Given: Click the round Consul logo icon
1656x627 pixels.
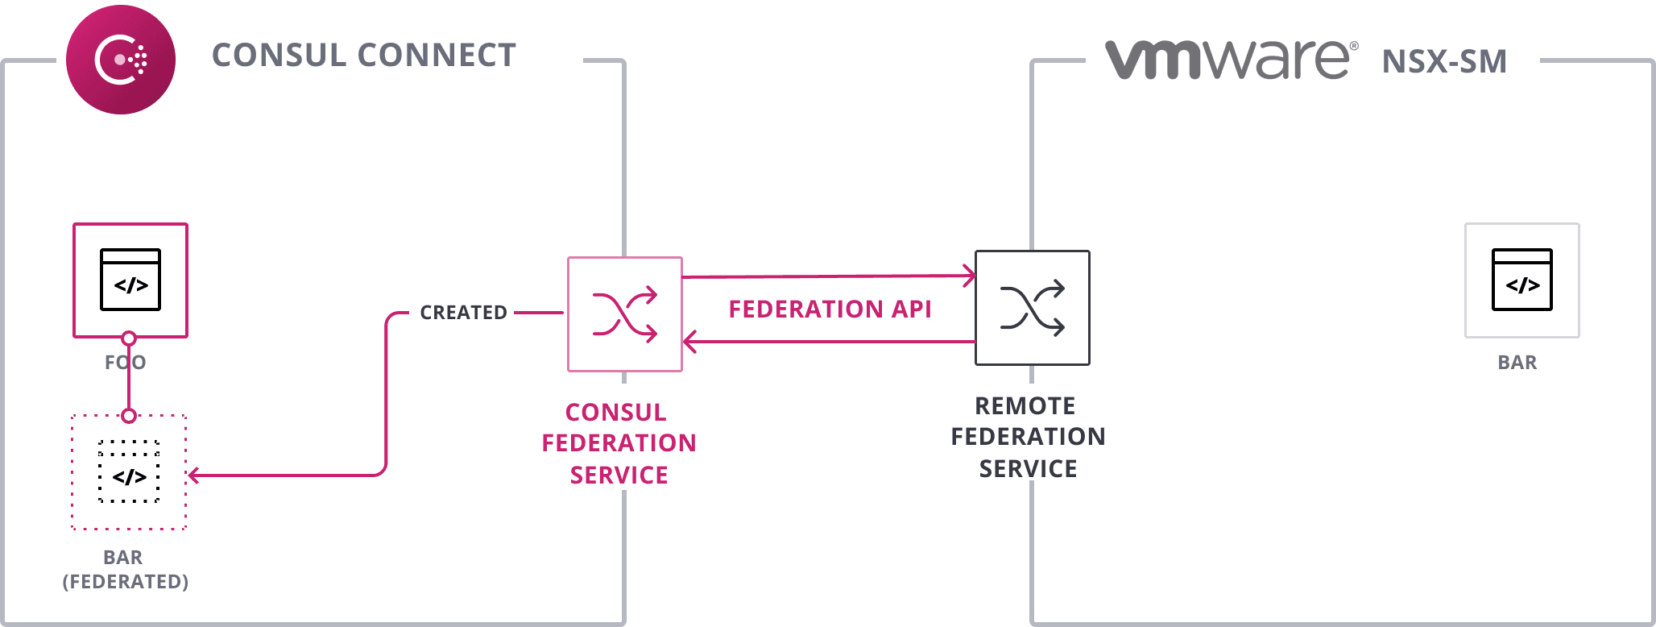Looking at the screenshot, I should coord(120,60).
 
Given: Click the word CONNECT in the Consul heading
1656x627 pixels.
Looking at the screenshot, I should coord(436,56).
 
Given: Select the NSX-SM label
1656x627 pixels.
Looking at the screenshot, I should coord(1443,62).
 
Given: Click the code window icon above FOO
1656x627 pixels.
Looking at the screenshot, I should coord(130,280).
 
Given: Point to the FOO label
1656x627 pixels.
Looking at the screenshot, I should coord(125,363).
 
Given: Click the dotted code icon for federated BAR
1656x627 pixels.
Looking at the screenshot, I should coord(129,472).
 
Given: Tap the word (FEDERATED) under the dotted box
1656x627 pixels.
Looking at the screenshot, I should coord(125,582).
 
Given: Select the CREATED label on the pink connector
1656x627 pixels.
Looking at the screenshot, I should coord(463,313).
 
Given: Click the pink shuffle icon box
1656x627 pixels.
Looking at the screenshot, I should coord(625,314).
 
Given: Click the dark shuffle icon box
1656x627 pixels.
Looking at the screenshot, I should coord(1032,308).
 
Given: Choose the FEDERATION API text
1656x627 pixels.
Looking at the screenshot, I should coord(830,309).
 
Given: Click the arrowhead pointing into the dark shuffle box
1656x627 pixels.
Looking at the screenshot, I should coord(970,276).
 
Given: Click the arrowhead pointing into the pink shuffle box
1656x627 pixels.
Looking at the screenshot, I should coord(689,342).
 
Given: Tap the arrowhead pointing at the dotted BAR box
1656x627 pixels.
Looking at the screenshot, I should coord(194,475).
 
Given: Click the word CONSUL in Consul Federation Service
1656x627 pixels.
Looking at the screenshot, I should coord(615,413).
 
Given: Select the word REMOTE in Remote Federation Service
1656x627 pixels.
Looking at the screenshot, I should coord(1025,406).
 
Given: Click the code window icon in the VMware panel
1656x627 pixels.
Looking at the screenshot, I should coord(1521,280).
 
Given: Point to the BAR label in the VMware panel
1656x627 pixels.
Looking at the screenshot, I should coord(1517,363).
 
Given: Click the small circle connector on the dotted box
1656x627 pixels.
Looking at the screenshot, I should coord(129,416).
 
